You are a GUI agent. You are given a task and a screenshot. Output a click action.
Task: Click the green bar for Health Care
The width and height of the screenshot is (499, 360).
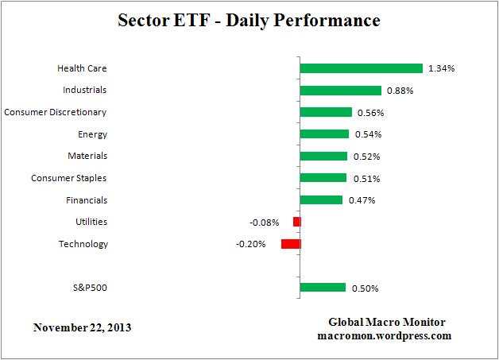[x=361, y=68]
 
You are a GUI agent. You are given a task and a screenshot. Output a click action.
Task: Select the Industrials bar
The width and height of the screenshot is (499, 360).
[x=340, y=91]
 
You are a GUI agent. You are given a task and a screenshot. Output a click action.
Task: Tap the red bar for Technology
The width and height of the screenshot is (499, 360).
[x=291, y=244]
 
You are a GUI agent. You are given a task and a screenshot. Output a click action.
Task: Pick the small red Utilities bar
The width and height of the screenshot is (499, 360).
[x=296, y=222]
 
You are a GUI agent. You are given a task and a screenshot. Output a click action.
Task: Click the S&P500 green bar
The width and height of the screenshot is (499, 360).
[x=323, y=288]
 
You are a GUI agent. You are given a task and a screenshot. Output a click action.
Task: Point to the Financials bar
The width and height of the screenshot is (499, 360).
[x=321, y=200]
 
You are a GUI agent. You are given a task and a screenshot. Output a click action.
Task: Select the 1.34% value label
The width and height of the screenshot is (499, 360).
[x=441, y=68]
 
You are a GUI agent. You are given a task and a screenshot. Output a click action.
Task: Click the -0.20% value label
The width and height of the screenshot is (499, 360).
[x=250, y=244]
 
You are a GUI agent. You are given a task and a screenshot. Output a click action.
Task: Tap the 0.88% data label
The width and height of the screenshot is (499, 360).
[x=400, y=91]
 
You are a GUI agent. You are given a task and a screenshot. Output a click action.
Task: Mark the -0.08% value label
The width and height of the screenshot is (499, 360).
[x=265, y=222]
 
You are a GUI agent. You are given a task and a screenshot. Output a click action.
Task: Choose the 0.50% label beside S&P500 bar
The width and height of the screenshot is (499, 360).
[x=364, y=288]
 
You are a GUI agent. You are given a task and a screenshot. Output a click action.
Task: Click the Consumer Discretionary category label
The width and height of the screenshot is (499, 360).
[x=56, y=112]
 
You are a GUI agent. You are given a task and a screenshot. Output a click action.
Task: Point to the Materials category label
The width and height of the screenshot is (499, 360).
[x=87, y=156]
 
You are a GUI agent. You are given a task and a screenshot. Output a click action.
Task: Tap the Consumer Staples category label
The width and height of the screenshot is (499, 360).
[x=69, y=178]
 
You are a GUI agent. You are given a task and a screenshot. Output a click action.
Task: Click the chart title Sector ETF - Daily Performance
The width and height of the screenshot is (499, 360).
[x=249, y=19]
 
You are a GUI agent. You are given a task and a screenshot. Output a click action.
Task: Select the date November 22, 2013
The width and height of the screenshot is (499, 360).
[x=83, y=327]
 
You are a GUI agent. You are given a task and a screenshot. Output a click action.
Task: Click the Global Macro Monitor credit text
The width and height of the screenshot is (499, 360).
[x=388, y=322]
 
